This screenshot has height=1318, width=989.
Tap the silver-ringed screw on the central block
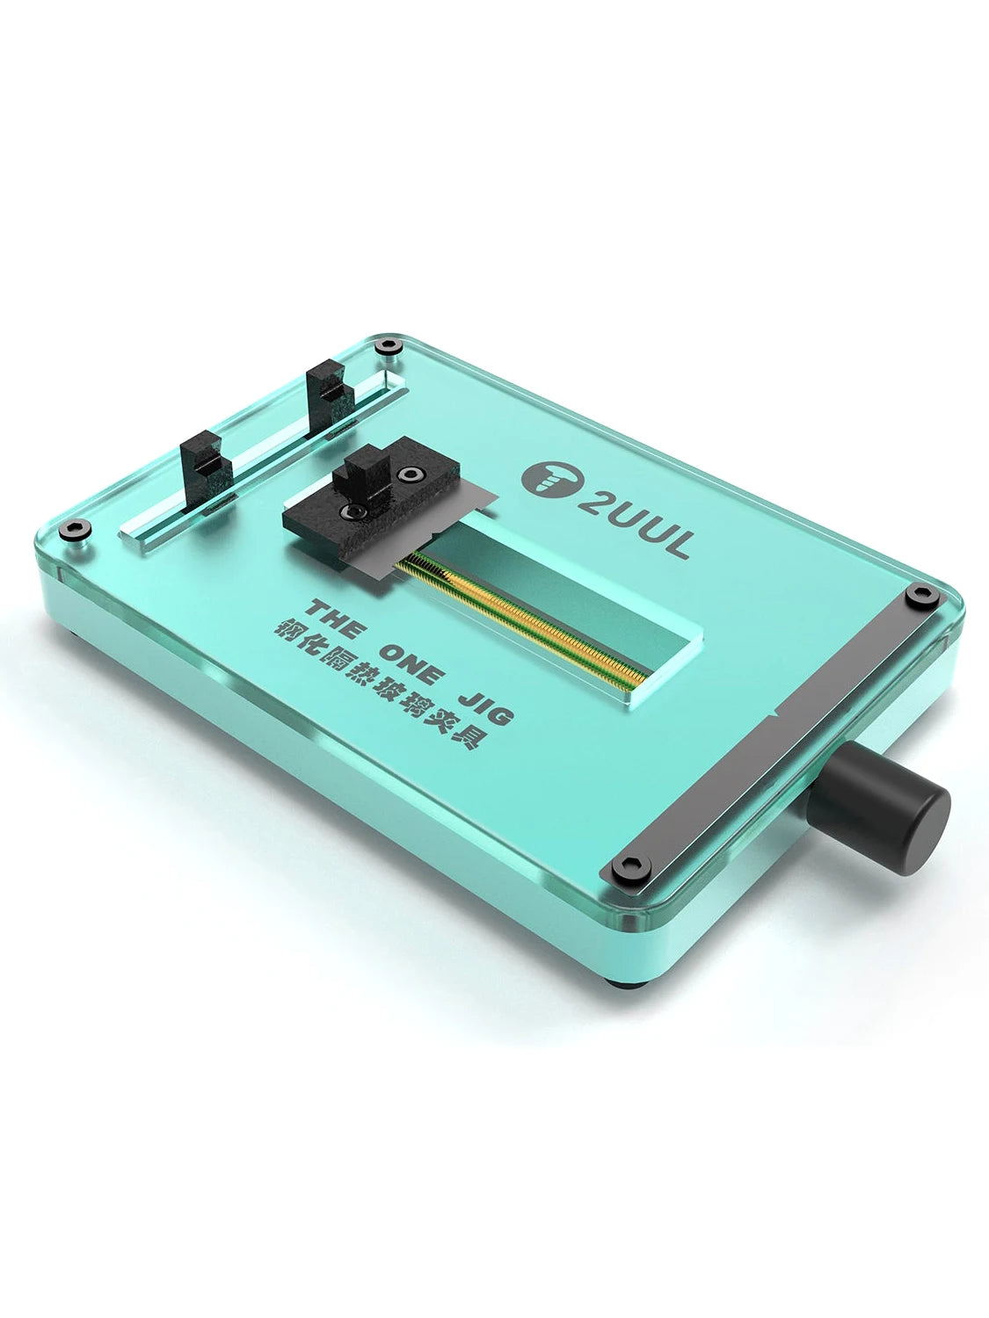[408, 474]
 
